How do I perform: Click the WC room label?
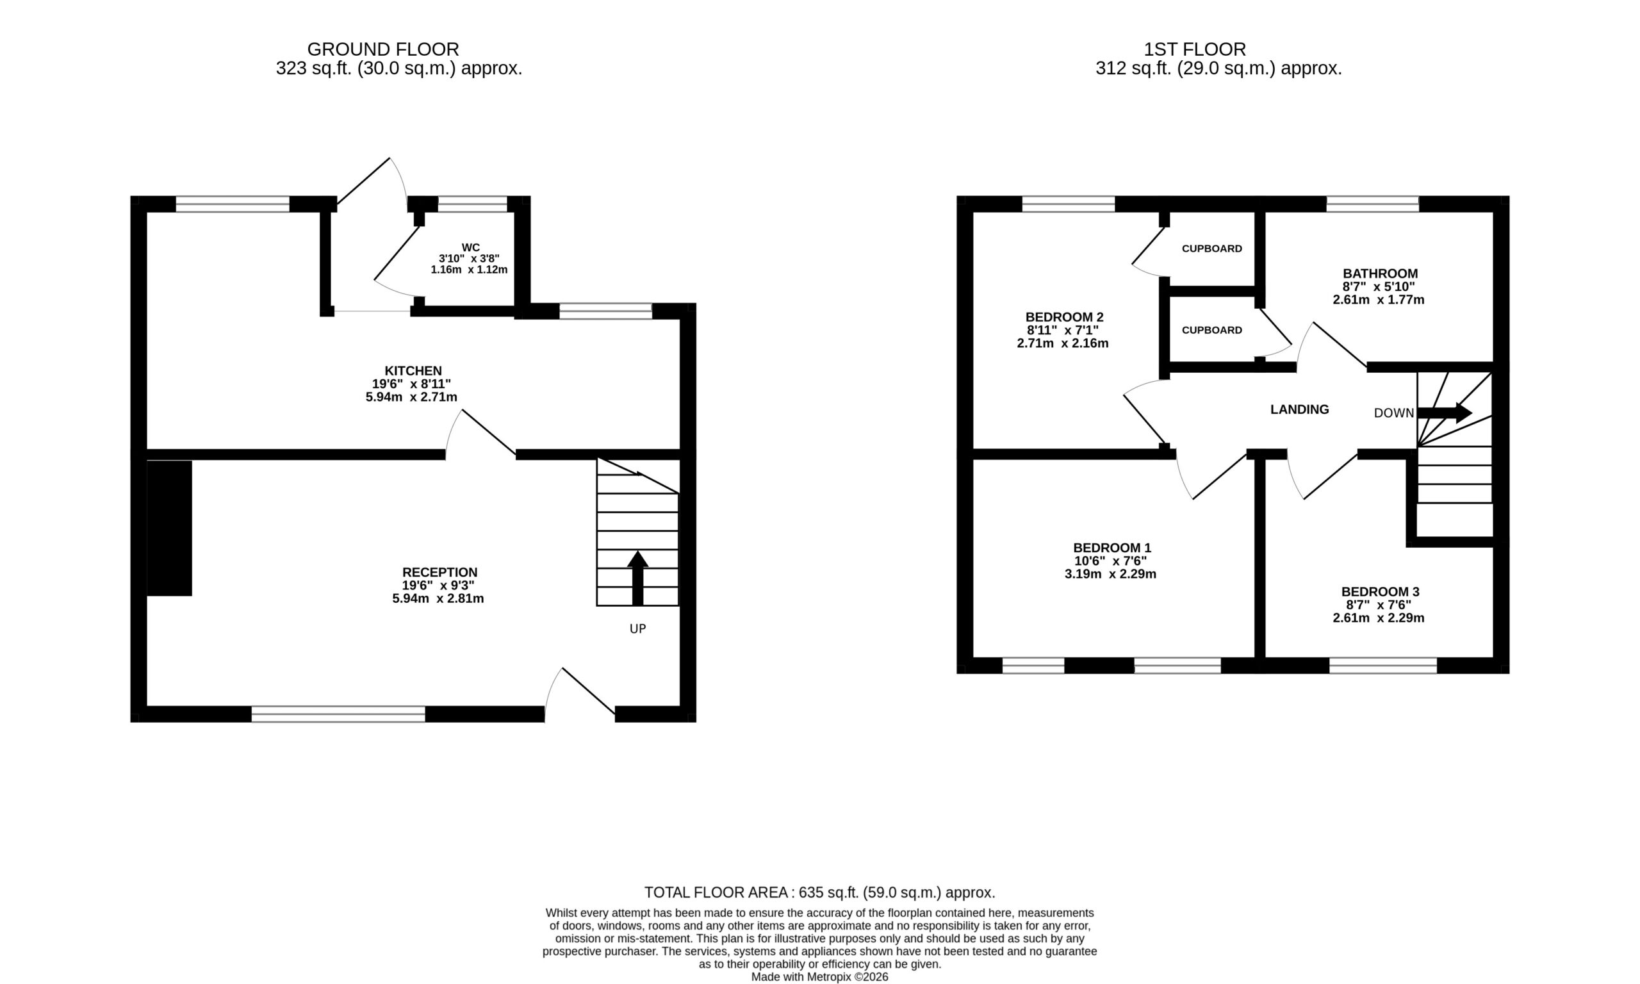click(x=471, y=248)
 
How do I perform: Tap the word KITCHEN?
click(x=413, y=371)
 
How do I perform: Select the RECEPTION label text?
click(x=439, y=572)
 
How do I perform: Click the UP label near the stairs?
click(x=637, y=628)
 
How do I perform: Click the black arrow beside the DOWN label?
click(x=1445, y=413)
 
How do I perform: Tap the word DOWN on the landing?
click(x=1394, y=413)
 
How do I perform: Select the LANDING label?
click(x=1299, y=410)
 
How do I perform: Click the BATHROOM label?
click(x=1380, y=273)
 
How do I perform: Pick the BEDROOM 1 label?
click(x=1111, y=548)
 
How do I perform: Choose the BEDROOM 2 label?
click(x=1064, y=317)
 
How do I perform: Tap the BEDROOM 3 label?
click(x=1380, y=591)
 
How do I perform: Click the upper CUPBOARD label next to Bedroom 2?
click(x=1212, y=249)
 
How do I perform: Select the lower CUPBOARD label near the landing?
click(x=1212, y=330)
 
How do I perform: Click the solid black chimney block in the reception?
click(x=169, y=528)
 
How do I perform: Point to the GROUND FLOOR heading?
click(x=383, y=49)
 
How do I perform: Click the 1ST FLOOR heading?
click(x=1195, y=49)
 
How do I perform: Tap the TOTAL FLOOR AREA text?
click(x=820, y=892)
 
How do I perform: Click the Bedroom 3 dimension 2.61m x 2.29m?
click(x=1379, y=618)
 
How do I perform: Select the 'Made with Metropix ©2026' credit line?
click(x=819, y=977)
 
